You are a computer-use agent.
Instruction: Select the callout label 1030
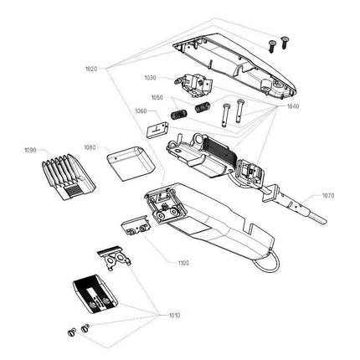click(x=150, y=78)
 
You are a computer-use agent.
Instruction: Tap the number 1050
click(x=157, y=97)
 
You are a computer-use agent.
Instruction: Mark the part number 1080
click(x=90, y=147)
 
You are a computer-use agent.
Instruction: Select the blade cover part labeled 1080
click(x=127, y=164)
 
